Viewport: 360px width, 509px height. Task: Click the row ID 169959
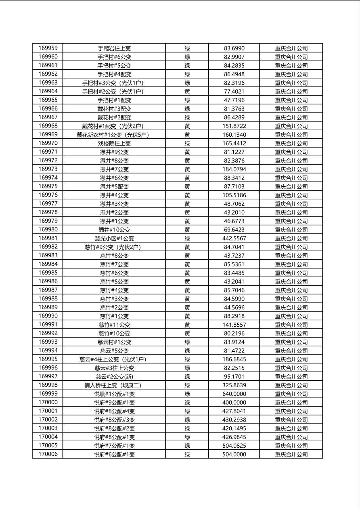tap(48, 48)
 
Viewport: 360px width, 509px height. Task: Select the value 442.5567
tap(234, 238)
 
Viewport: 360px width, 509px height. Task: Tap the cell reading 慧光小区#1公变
tap(114, 238)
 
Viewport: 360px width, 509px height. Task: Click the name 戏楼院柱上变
tap(114, 143)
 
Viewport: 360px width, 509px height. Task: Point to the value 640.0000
tap(234, 394)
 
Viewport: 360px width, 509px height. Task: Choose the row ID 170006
tap(48, 454)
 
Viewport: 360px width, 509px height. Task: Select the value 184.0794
tap(234, 169)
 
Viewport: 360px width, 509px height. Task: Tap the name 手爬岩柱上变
tap(114, 48)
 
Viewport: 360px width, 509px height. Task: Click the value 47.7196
tap(234, 100)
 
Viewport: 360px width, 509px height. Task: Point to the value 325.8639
tap(234, 385)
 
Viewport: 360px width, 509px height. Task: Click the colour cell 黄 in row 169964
tap(187, 92)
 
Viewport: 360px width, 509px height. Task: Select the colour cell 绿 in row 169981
tap(187, 238)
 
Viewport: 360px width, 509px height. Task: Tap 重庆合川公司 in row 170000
tap(291, 403)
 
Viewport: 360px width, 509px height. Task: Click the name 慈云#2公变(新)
tap(114, 377)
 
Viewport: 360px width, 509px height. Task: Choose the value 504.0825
tap(234, 446)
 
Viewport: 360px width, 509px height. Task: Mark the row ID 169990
tap(48, 316)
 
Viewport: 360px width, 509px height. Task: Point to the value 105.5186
tap(234, 195)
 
